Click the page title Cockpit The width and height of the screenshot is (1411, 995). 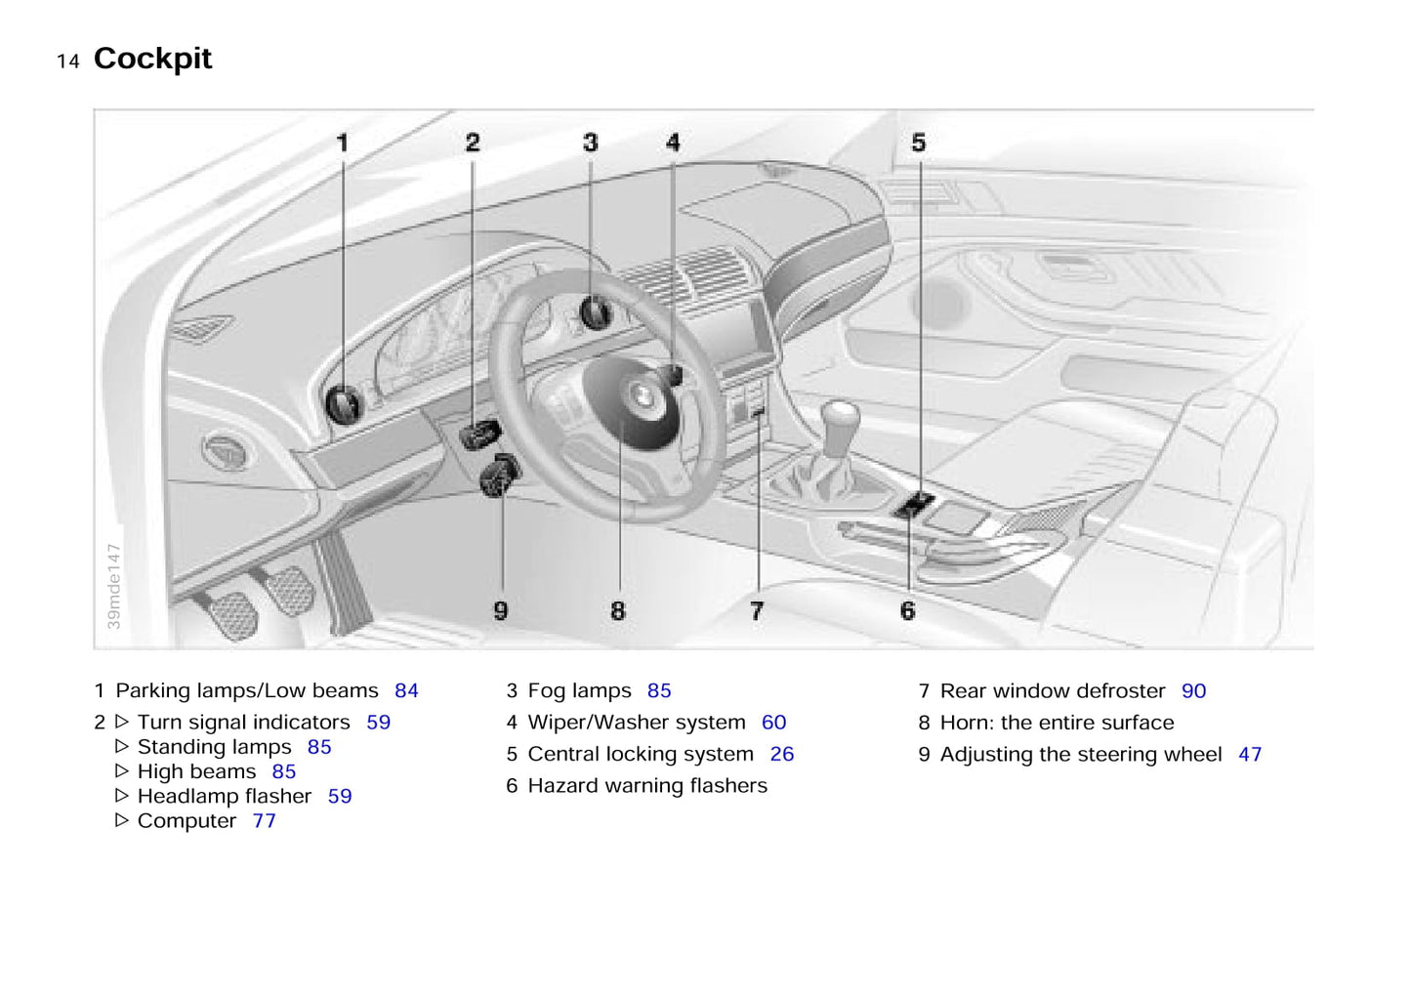[152, 59]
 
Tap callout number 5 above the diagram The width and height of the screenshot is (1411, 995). [919, 143]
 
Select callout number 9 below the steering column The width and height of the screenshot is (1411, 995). [501, 611]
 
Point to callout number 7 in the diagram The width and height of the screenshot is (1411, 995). [757, 611]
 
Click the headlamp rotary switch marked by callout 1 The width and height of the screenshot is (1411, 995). [345, 402]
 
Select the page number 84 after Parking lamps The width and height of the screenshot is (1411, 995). [406, 691]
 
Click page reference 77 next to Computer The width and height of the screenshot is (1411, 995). [264, 821]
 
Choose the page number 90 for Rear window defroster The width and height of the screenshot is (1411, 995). [1193, 691]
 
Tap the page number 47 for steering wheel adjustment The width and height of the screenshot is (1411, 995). [1250, 755]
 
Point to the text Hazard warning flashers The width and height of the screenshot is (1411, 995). [647, 786]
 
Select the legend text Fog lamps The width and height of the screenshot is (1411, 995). [579, 691]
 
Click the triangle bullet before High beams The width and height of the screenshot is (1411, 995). [122, 771]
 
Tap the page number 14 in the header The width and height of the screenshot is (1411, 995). [68, 62]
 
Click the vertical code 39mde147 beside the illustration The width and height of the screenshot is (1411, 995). [114, 586]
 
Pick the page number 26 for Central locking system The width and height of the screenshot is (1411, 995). [781, 755]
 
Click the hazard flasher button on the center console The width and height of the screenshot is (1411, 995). [913, 506]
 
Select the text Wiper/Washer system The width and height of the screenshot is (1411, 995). [636, 723]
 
